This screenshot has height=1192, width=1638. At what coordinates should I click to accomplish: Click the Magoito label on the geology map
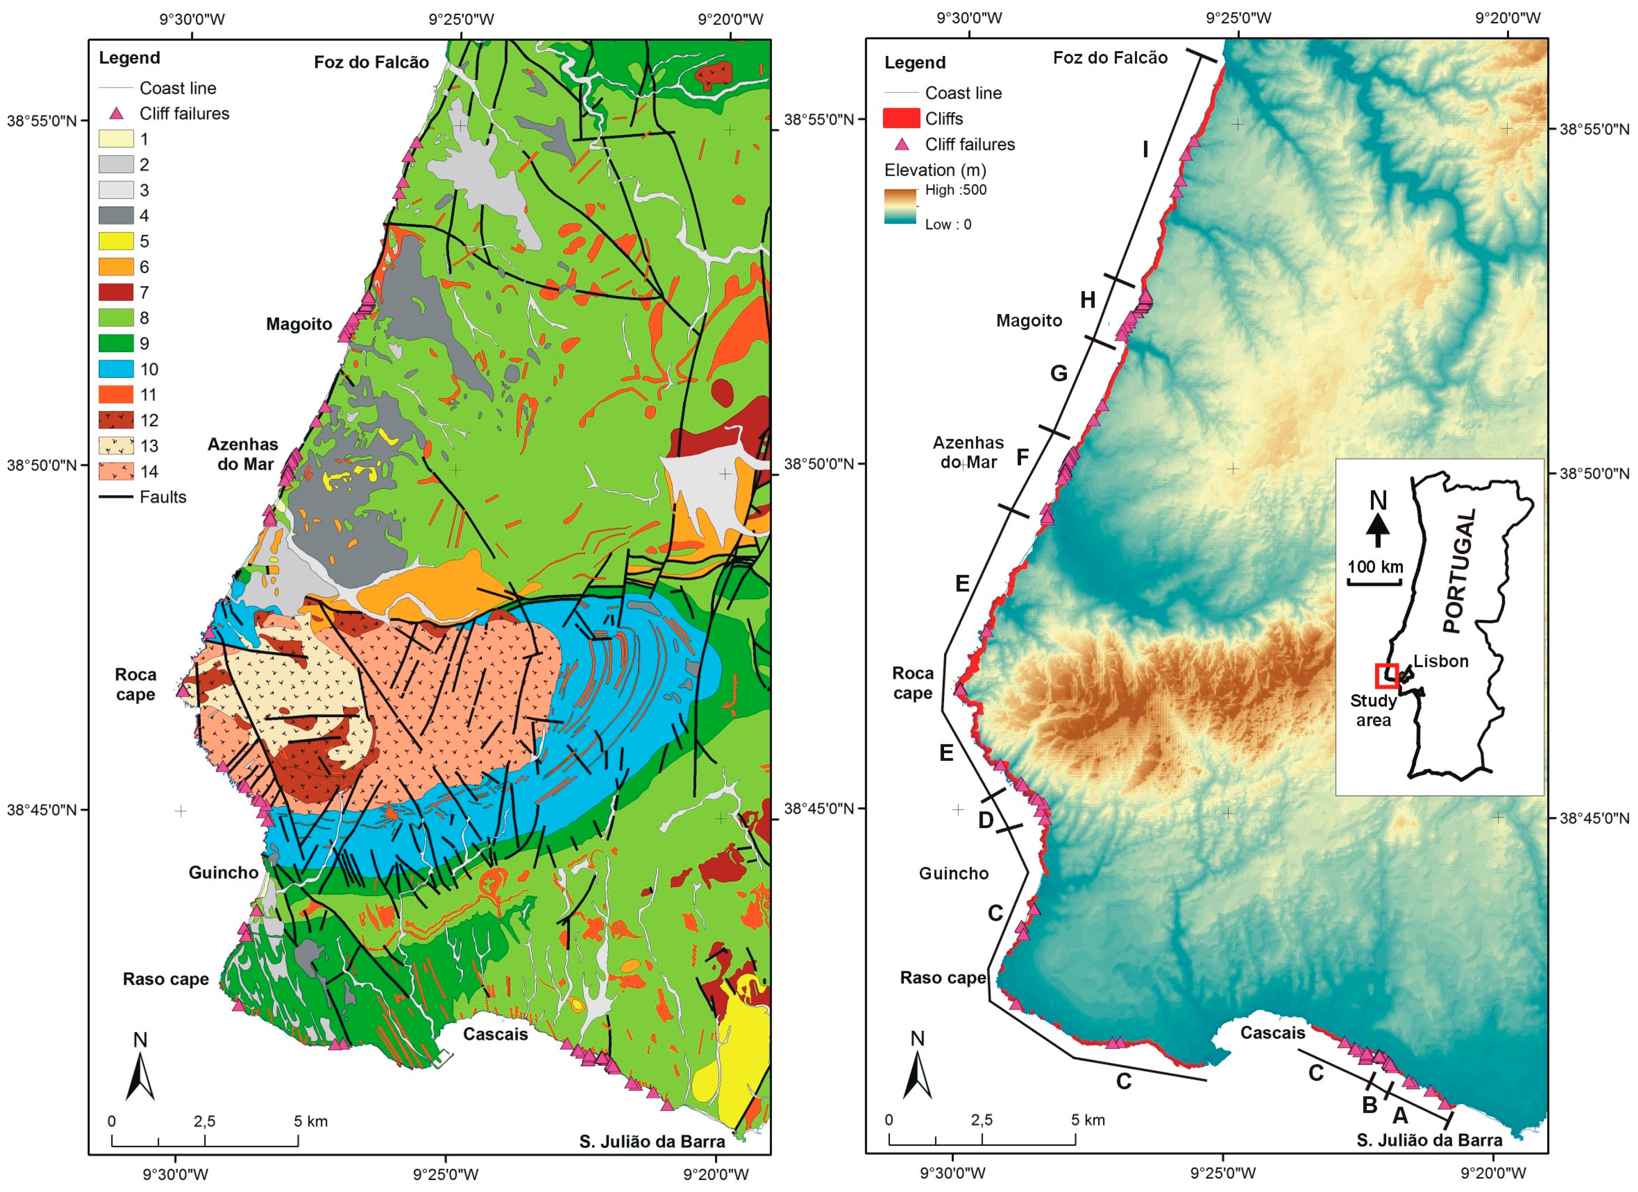299,324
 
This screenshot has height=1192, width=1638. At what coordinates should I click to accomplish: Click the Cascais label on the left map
495,1034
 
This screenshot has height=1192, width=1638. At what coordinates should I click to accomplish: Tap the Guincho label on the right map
953,874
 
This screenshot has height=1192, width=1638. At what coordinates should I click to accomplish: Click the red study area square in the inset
1387,675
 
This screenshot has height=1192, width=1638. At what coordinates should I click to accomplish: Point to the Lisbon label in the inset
1440,661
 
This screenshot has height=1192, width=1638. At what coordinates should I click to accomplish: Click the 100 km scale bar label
1375,566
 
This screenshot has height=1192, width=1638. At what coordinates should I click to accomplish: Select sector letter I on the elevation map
1145,149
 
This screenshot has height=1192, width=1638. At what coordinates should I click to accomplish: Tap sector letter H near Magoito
1088,300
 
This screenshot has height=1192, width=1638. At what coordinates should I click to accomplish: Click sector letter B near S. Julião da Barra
1369,1105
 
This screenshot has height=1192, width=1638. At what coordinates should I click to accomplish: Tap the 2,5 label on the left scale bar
204,1121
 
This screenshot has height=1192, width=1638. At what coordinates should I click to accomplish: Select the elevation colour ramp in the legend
900,206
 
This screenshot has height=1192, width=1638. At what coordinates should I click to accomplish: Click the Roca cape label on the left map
136,684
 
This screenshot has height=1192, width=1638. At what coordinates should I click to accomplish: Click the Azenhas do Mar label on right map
968,452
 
